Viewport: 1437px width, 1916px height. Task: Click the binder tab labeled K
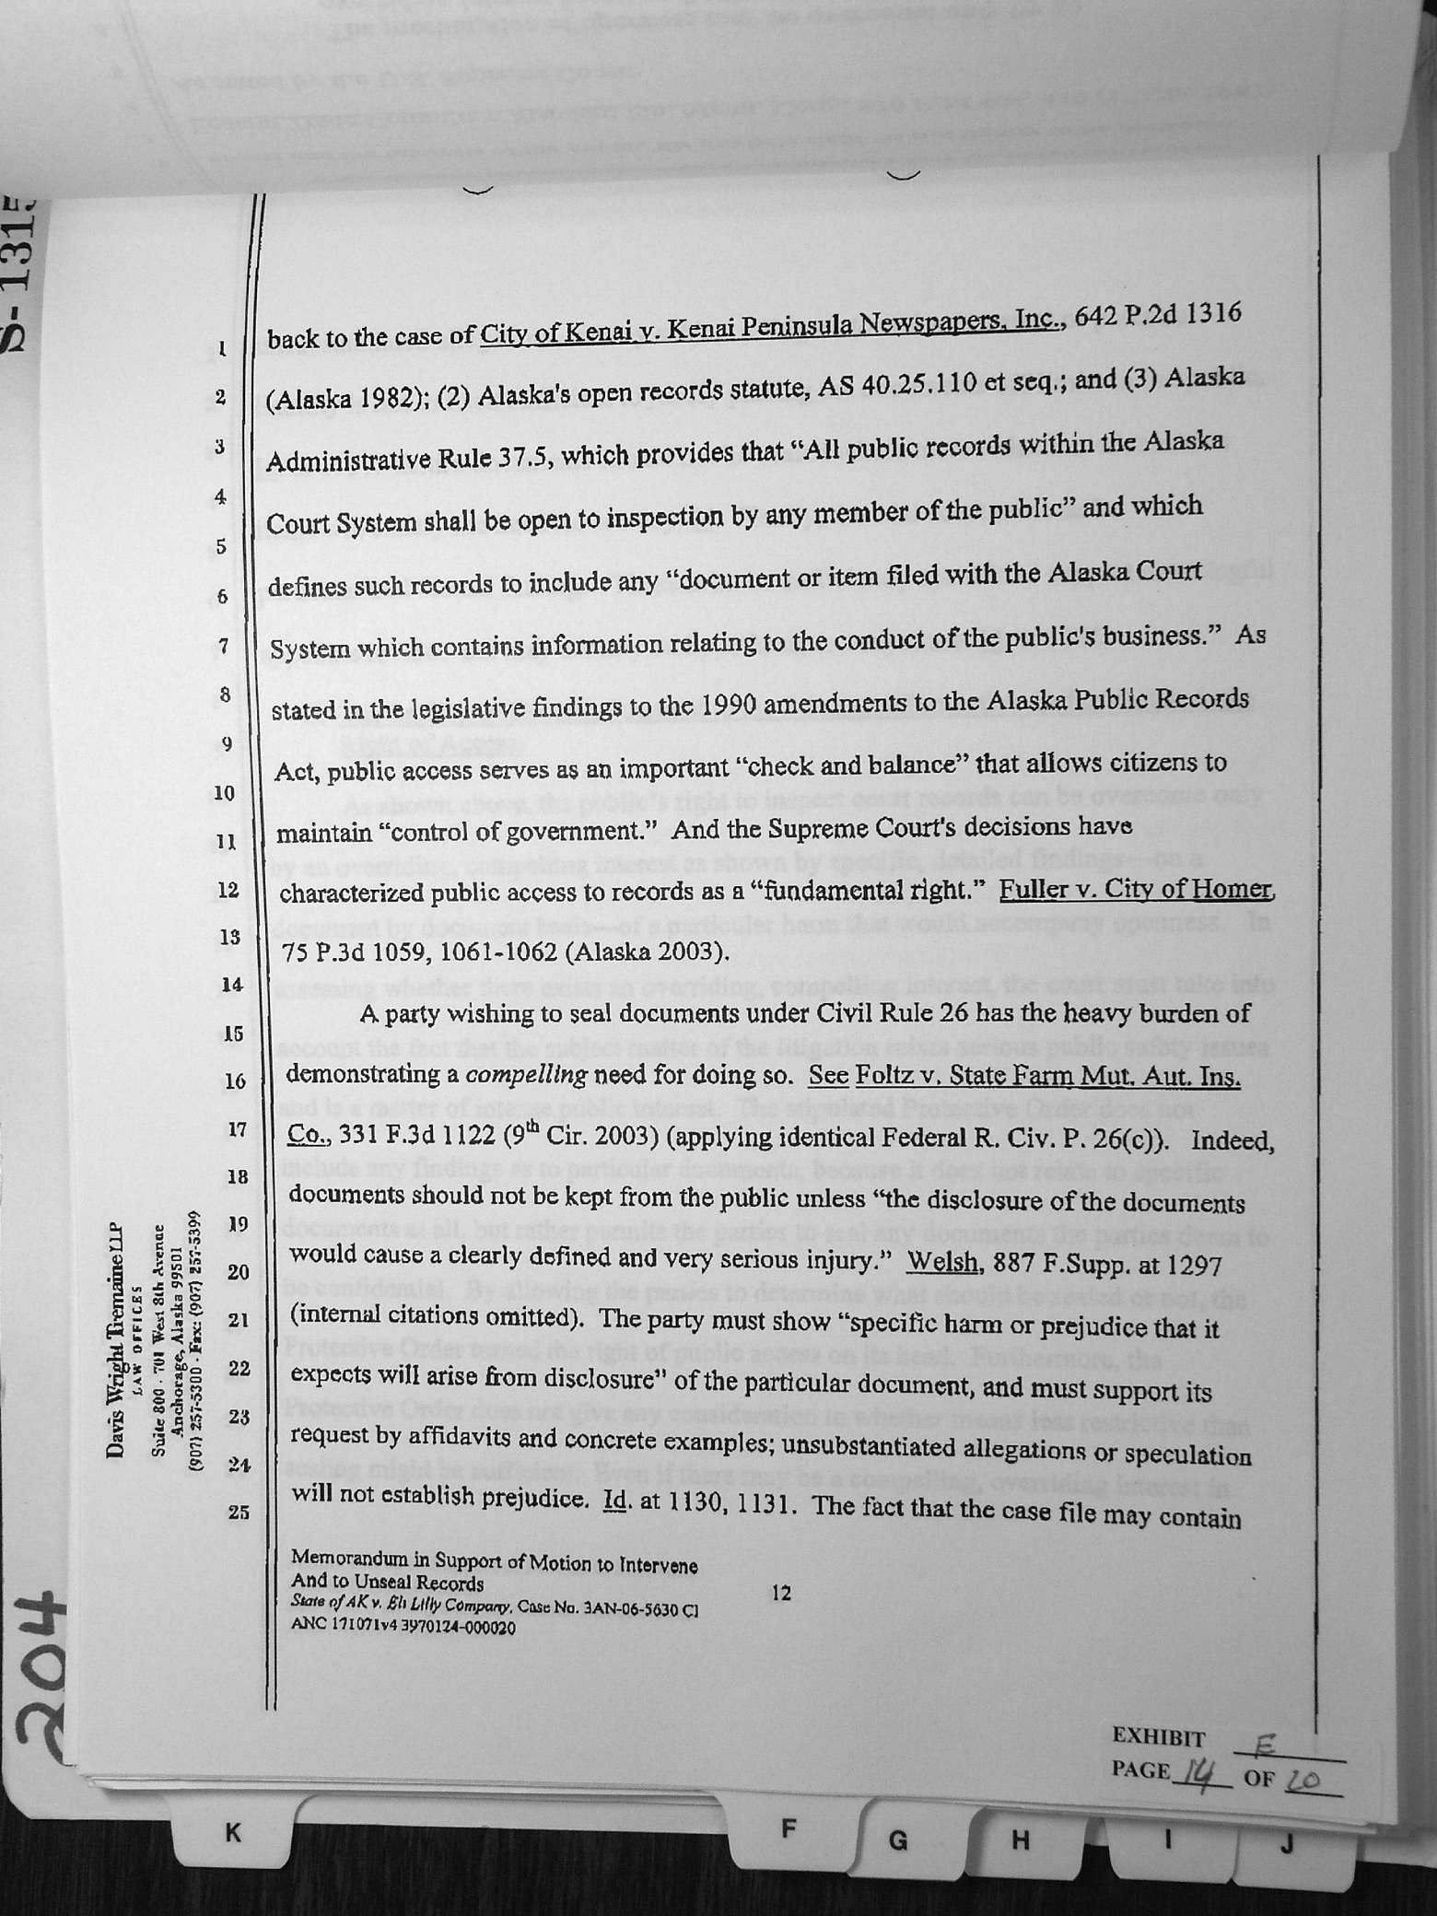click(x=233, y=1833)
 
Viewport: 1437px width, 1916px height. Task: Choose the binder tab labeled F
click(x=788, y=1828)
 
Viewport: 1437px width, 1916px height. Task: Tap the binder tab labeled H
click(x=1020, y=1840)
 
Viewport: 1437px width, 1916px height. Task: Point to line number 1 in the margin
click(x=222, y=349)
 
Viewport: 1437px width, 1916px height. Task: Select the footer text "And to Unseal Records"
click(x=387, y=1583)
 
